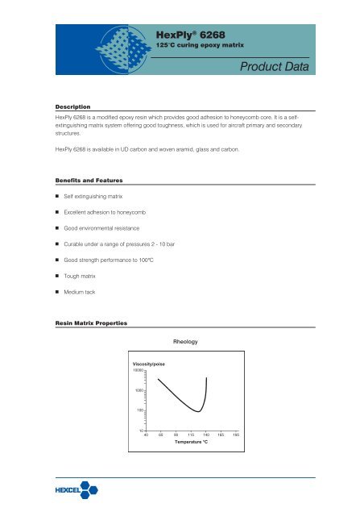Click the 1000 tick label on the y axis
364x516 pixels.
pos(138,391)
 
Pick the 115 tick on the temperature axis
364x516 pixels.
pos(191,434)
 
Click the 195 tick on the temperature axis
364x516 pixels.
pos(236,434)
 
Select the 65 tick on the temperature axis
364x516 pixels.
pos(160,434)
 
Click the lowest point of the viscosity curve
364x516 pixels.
pos(199,411)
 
